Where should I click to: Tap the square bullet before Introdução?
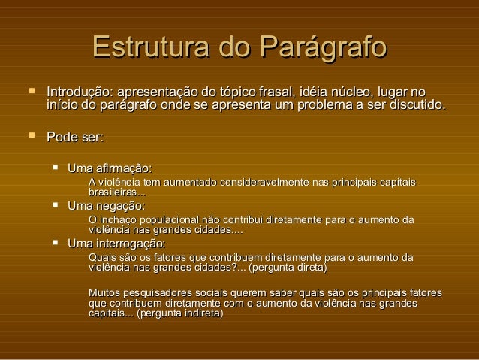pyautogui.click(x=30, y=90)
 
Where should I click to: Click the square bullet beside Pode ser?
pyautogui.click(x=30, y=136)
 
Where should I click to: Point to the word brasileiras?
pyautogui.click(x=113, y=193)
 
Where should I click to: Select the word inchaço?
pyautogui.click(x=119, y=220)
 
